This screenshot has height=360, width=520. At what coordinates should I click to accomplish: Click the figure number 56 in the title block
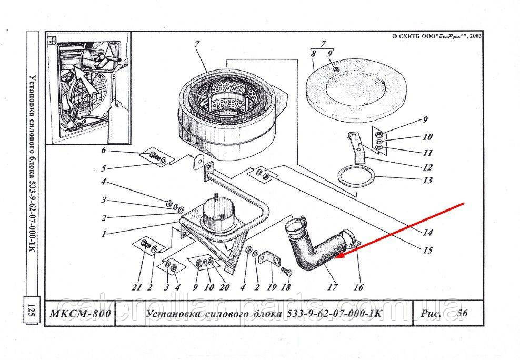[463, 313]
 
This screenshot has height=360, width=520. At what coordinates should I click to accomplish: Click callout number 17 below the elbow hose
[333, 287]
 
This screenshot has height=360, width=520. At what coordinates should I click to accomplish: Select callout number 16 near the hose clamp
[358, 287]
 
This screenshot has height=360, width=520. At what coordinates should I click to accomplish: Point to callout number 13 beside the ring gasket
[427, 181]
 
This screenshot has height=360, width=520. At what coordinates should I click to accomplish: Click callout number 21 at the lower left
[137, 287]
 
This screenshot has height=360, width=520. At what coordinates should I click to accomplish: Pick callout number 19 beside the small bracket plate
[272, 287]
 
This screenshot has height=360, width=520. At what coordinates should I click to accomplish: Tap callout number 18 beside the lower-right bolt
[285, 287]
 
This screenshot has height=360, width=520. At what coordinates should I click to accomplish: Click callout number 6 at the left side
[104, 151]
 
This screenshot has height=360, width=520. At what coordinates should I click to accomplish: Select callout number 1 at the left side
[104, 234]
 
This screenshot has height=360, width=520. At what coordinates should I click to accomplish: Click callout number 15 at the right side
[427, 251]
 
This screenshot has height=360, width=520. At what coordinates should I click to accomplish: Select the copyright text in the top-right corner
[437, 36]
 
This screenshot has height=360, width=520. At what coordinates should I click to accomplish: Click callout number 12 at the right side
[427, 167]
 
